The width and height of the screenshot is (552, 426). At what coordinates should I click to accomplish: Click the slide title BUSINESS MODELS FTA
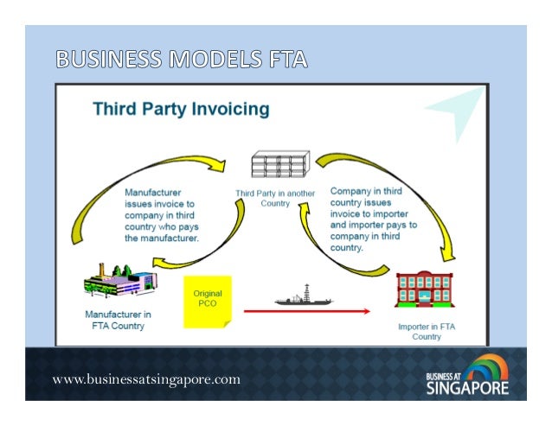pos(181,60)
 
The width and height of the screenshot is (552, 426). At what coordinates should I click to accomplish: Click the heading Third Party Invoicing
pos(181,110)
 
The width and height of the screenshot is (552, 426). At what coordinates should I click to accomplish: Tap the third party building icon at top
pos(279,164)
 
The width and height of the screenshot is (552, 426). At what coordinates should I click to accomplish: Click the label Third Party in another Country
pos(275,195)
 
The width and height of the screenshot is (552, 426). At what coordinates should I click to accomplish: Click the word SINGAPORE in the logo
pos(466,388)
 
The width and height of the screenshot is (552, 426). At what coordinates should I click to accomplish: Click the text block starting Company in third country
pos(372,216)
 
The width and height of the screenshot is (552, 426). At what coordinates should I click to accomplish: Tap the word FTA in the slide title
pos(281,60)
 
